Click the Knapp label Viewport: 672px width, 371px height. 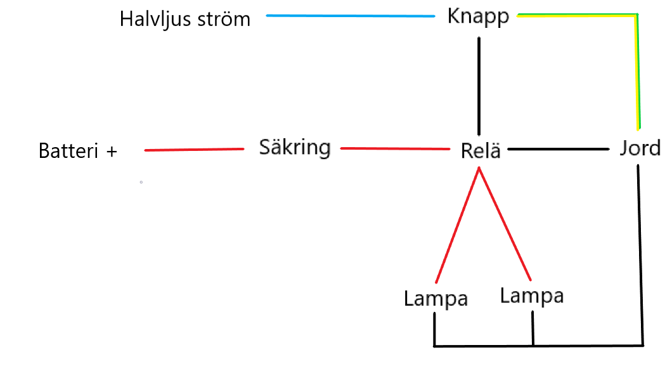(x=478, y=17)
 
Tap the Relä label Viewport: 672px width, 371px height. (x=481, y=151)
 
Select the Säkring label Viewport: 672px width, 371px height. (x=295, y=148)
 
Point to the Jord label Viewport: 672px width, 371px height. (x=640, y=149)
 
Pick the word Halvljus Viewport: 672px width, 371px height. (x=160, y=19)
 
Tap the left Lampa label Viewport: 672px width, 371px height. (x=436, y=298)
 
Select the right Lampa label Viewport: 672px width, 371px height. (x=531, y=296)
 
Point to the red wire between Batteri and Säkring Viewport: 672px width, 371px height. (x=195, y=150)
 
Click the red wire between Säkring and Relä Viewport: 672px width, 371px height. (x=395, y=149)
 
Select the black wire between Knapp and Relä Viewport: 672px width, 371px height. (x=479, y=82)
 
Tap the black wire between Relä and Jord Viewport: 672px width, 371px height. (x=559, y=149)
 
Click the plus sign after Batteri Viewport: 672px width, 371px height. (x=112, y=152)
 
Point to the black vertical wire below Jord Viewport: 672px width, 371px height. (x=640, y=254)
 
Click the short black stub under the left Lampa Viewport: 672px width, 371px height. (x=434, y=329)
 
